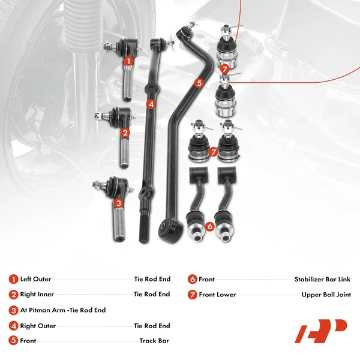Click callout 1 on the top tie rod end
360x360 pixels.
click(x=128, y=61)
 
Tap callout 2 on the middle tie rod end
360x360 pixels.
click(x=125, y=133)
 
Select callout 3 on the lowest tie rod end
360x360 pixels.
click(x=119, y=203)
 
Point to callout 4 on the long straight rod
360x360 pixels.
click(x=151, y=104)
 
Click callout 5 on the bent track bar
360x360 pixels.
click(x=199, y=83)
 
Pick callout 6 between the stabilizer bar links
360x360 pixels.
click(x=209, y=226)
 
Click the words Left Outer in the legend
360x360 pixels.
click(x=35, y=279)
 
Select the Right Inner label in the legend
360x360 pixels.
click(x=37, y=295)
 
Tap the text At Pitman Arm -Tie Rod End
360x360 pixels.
click(x=62, y=310)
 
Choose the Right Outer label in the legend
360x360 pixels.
click(x=38, y=326)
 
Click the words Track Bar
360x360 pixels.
click(x=154, y=341)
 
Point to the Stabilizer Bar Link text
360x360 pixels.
click(x=322, y=279)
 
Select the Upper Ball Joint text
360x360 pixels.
click(x=326, y=295)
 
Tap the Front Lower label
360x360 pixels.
click(x=217, y=295)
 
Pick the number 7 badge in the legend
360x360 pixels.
click(x=192, y=295)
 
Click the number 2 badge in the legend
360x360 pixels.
click(x=13, y=295)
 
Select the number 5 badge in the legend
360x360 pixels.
click(x=13, y=341)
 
